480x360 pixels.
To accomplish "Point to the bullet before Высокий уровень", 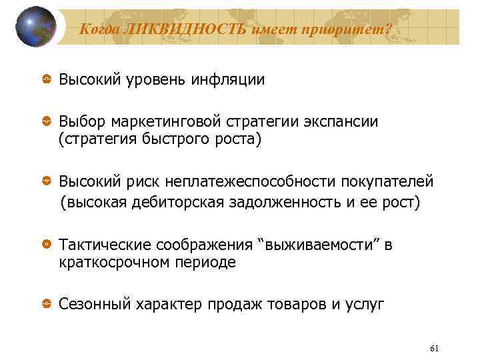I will pyautogui.click(x=47, y=79).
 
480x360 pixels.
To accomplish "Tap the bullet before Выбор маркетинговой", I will pyautogui.click(x=47, y=122).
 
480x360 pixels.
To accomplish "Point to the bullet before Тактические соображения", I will pyautogui.click(x=47, y=245).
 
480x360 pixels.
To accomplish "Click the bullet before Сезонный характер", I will pyautogui.click(x=47, y=305).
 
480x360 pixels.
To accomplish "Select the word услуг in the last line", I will pyautogui.click(x=364, y=305).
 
